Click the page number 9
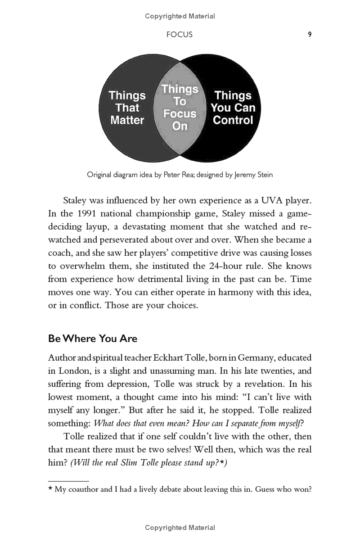click(310, 34)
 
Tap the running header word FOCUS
click(180, 35)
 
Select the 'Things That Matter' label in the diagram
click(127, 108)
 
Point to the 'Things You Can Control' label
click(233, 108)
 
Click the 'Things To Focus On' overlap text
click(180, 107)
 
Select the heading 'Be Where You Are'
click(93, 339)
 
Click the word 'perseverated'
click(112, 240)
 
